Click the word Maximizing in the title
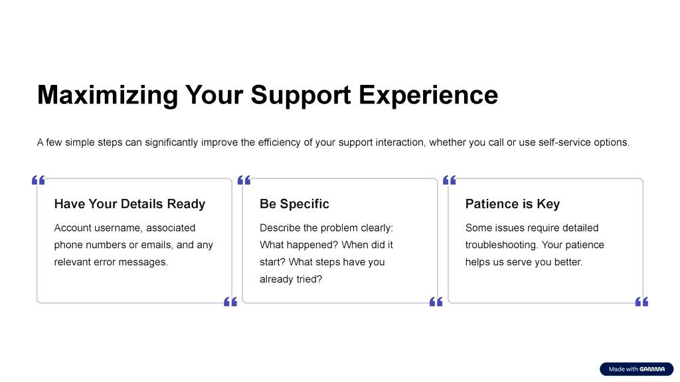pyautogui.click(x=108, y=95)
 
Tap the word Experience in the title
pyautogui.click(x=428, y=95)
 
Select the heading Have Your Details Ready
pyautogui.click(x=129, y=204)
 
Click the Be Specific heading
pyautogui.click(x=294, y=204)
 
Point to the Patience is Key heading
pyautogui.click(x=513, y=204)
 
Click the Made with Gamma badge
pyautogui.click(x=637, y=369)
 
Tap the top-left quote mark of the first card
pyautogui.click(x=38, y=180)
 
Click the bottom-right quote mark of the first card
pyautogui.click(x=230, y=302)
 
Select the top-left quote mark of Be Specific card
pyautogui.click(x=244, y=180)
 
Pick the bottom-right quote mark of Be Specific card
pyautogui.click(x=436, y=302)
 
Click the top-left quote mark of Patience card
pyautogui.click(x=450, y=180)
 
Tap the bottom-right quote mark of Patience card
pyautogui.click(x=642, y=302)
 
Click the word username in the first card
pyautogui.click(x=118, y=228)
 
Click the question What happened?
pyautogui.click(x=299, y=245)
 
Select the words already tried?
pyautogui.click(x=291, y=279)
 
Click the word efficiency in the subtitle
pyautogui.click(x=280, y=143)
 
